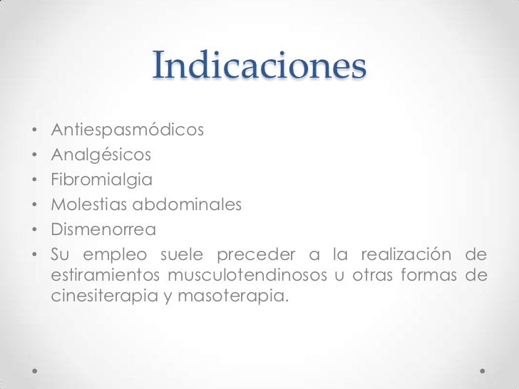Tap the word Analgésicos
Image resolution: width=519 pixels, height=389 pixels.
coord(101,154)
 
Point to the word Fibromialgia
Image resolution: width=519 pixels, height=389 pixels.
coord(101,179)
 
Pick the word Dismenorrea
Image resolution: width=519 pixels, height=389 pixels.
coord(103,230)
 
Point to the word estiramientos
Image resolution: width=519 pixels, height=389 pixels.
coord(106,275)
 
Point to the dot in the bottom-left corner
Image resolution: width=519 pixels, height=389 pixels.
coord(35,371)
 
